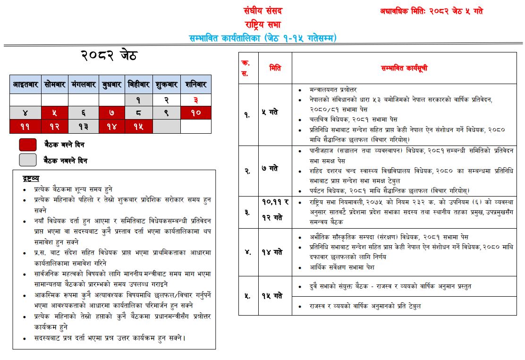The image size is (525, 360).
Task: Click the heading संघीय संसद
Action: tap(263, 11)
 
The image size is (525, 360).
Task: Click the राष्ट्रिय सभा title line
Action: tap(263, 24)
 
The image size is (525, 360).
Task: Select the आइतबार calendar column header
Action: tap(25, 85)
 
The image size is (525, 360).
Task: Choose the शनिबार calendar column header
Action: tap(196, 85)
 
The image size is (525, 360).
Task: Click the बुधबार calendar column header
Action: tap(111, 85)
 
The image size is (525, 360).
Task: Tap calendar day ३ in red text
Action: tap(196, 100)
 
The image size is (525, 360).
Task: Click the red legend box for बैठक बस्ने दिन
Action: tap(27, 145)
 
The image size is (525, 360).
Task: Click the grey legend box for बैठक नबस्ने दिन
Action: tap(27, 160)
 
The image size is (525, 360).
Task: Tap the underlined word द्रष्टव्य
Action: tap(31, 178)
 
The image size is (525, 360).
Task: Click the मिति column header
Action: tap(275, 68)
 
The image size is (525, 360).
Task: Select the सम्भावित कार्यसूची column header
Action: tap(404, 68)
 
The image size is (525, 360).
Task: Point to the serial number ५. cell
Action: tap(247, 296)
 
